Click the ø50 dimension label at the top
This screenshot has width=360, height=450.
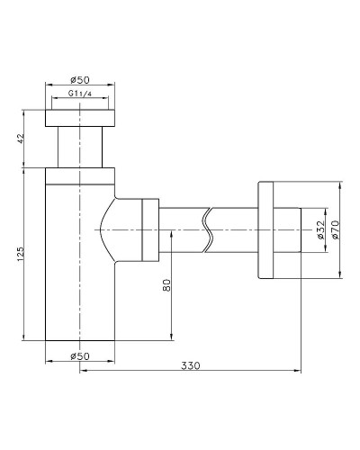80,80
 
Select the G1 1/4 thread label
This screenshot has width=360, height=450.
80,94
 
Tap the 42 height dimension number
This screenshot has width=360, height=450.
21,139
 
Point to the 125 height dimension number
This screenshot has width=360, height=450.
21,254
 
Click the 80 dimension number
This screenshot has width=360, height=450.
166,285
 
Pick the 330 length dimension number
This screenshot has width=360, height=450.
191,365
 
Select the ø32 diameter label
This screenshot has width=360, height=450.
320,229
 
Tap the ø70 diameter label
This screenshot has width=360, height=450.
336,229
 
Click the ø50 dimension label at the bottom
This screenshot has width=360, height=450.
80,356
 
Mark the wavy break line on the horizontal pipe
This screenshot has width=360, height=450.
208,229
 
